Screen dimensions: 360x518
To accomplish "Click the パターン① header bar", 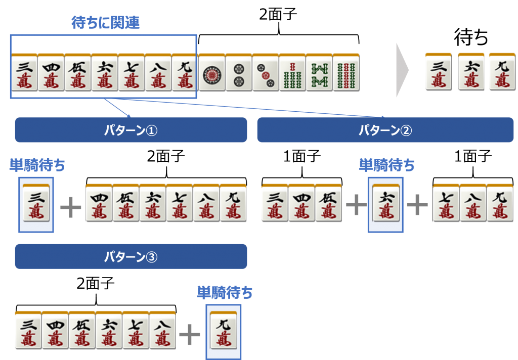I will [131, 130].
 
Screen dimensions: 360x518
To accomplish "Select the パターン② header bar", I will [385, 130].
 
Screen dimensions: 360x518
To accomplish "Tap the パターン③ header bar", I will [131, 256].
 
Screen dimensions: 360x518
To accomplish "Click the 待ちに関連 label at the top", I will [105, 23].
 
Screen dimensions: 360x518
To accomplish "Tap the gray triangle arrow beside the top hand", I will [402, 71].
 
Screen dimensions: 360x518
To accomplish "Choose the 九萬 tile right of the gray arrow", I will [501, 72].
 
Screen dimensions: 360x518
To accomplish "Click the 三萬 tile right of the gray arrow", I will [438, 72].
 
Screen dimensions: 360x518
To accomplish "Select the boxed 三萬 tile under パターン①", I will [36, 204].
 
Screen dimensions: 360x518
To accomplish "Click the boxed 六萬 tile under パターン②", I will [385, 204].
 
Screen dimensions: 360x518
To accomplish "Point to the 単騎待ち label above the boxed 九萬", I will [225, 292].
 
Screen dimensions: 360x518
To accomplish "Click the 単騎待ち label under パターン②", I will [386, 165].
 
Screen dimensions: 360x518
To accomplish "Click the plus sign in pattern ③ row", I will [190, 334].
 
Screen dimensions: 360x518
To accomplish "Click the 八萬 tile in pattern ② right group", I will [472, 204].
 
